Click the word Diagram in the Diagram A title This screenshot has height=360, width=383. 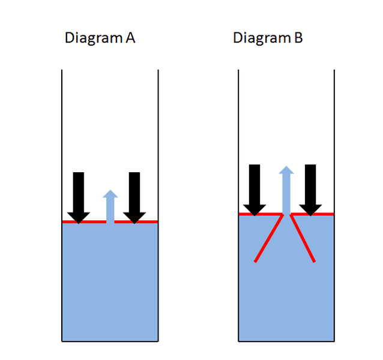pyautogui.click(x=94, y=38)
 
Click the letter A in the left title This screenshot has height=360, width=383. pyautogui.click(x=131, y=38)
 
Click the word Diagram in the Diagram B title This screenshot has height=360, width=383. pyautogui.click(x=262, y=38)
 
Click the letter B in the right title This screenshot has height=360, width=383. pyautogui.click(x=298, y=38)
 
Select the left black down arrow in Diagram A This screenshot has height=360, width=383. pyautogui.click(x=79, y=198)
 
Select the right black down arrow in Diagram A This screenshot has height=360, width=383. pyautogui.click(x=134, y=198)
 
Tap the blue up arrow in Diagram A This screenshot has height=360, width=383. pyautogui.click(x=110, y=206)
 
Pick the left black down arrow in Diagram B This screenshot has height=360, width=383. pyautogui.click(x=255, y=190)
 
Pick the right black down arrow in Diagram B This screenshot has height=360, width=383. pyautogui.click(x=310, y=190)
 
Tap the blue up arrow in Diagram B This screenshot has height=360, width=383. pyautogui.click(x=286, y=190)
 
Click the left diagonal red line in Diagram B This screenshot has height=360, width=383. pyautogui.click(x=269, y=238)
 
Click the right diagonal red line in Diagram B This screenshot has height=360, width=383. pyautogui.click(x=303, y=238)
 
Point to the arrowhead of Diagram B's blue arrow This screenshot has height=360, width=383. pyautogui.click(x=286, y=170)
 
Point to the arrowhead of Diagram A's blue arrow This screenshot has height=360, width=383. pyautogui.click(x=110, y=194)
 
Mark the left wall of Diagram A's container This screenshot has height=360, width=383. pyautogui.click(x=62, y=206)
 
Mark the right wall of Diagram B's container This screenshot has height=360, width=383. pyautogui.click(x=334, y=206)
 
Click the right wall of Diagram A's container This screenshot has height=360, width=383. pyautogui.click(x=158, y=206)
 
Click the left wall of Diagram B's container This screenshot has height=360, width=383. pyautogui.click(x=238, y=206)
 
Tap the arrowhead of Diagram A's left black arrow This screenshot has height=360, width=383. pyautogui.click(x=79, y=218)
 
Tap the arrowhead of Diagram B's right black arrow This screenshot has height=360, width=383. pyautogui.click(x=310, y=211)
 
